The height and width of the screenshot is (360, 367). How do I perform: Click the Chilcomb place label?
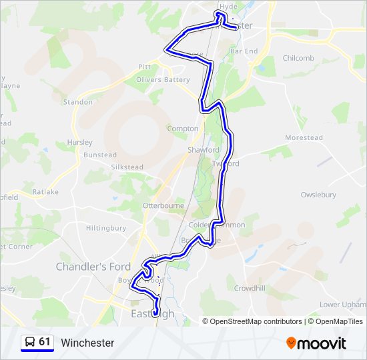click(298, 58)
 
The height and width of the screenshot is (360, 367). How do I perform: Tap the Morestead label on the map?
click(304, 138)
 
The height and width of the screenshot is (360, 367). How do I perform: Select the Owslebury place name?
click(318, 195)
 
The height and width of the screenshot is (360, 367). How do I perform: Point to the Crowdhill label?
click(250, 288)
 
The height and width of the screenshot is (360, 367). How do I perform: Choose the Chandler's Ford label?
click(93, 267)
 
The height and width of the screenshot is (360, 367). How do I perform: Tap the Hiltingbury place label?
click(106, 228)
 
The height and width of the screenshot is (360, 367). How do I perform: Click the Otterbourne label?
click(163, 206)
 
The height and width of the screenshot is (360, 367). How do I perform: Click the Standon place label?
click(78, 102)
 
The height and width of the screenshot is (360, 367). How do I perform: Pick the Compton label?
click(183, 129)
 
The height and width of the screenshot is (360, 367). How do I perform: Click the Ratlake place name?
click(45, 192)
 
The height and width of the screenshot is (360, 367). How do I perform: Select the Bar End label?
click(244, 51)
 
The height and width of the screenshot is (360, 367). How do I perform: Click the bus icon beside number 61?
click(30, 342)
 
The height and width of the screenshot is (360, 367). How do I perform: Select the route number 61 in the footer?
click(45, 342)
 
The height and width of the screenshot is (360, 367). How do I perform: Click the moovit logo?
click(316, 343)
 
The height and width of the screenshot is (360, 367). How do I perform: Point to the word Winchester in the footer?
click(87, 343)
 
